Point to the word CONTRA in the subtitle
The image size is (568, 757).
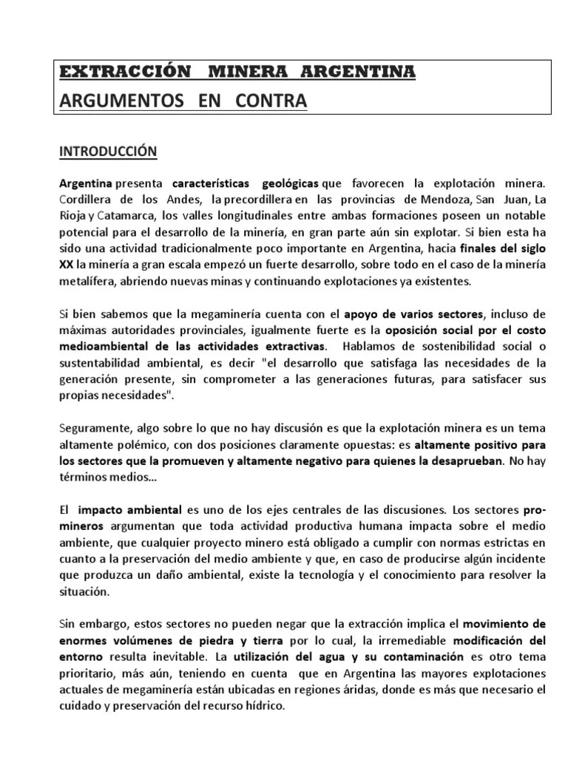point(271,100)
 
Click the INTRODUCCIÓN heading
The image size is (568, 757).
point(108,151)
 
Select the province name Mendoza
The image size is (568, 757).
point(428,200)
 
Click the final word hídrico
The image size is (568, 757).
point(263,705)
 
